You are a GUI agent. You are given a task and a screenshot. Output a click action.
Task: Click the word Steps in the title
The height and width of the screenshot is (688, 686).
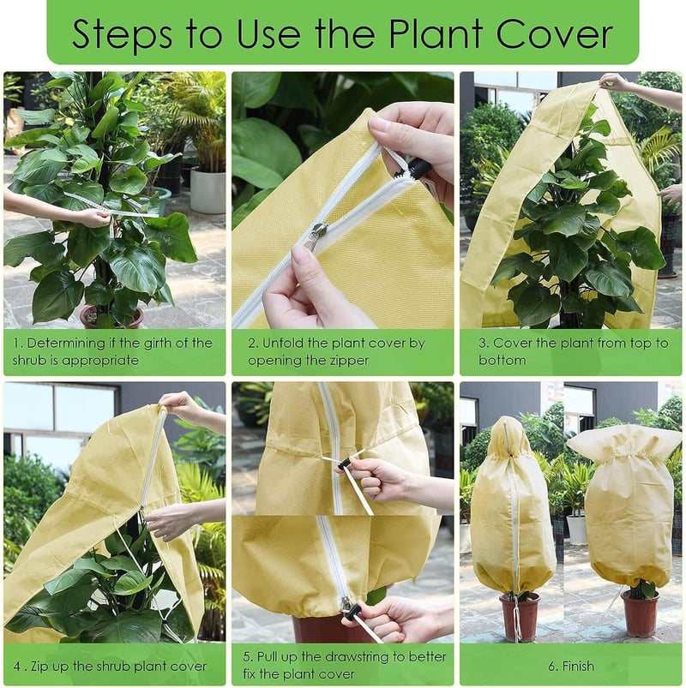click(x=122, y=35)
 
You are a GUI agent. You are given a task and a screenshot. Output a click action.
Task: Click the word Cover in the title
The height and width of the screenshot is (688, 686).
click(x=554, y=33)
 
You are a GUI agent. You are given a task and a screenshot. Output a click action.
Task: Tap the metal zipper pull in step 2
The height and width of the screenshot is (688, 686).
click(x=316, y=237)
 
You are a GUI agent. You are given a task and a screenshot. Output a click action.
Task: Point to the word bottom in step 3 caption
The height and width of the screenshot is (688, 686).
click(x=502, y=360)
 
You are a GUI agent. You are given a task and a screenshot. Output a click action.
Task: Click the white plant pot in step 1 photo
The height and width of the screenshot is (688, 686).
click(x=208, y=190)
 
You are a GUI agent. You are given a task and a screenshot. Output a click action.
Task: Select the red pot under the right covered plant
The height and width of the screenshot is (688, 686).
click(x=640, y=613)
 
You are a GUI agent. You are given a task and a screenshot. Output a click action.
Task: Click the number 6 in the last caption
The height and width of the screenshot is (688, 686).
click(x=552, y=667)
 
